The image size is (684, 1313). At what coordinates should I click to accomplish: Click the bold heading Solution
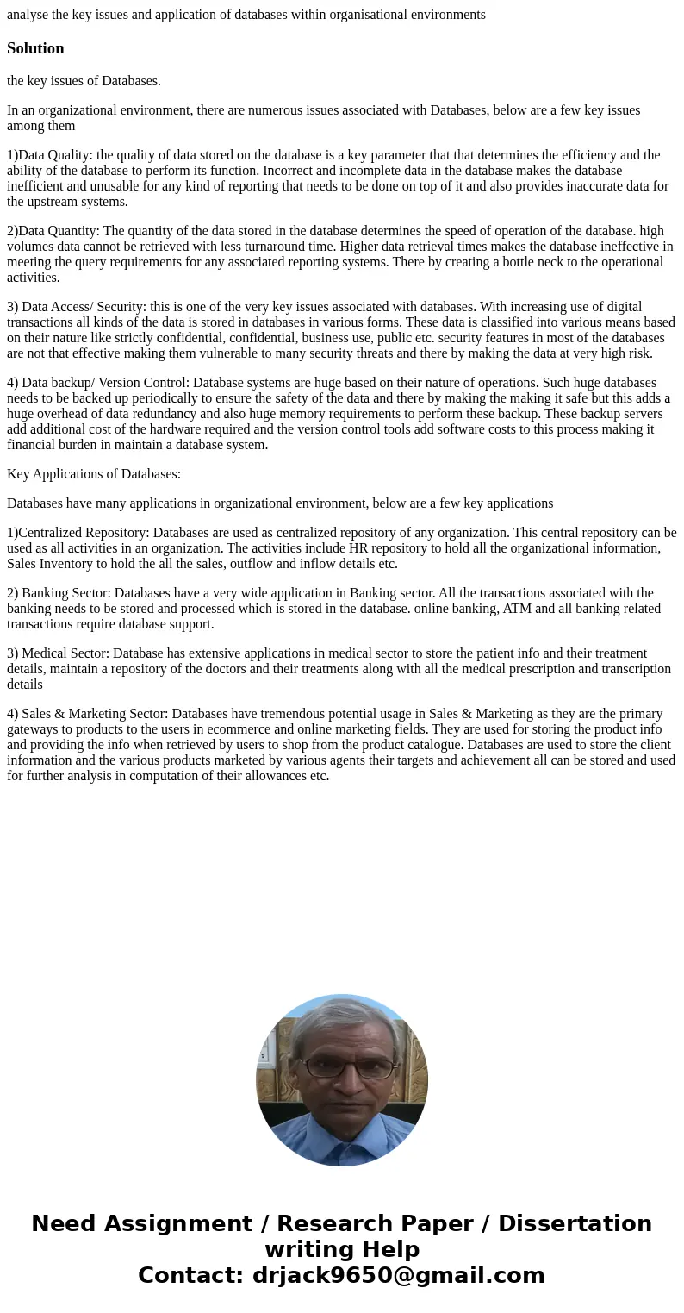(35, 48)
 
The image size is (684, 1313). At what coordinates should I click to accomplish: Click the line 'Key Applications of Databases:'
(94, 474)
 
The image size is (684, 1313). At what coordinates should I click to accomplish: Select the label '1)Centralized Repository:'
(78, 533)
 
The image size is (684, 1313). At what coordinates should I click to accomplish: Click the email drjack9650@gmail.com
(398, 1275)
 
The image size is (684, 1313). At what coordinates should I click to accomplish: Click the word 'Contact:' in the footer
(190, 1275)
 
